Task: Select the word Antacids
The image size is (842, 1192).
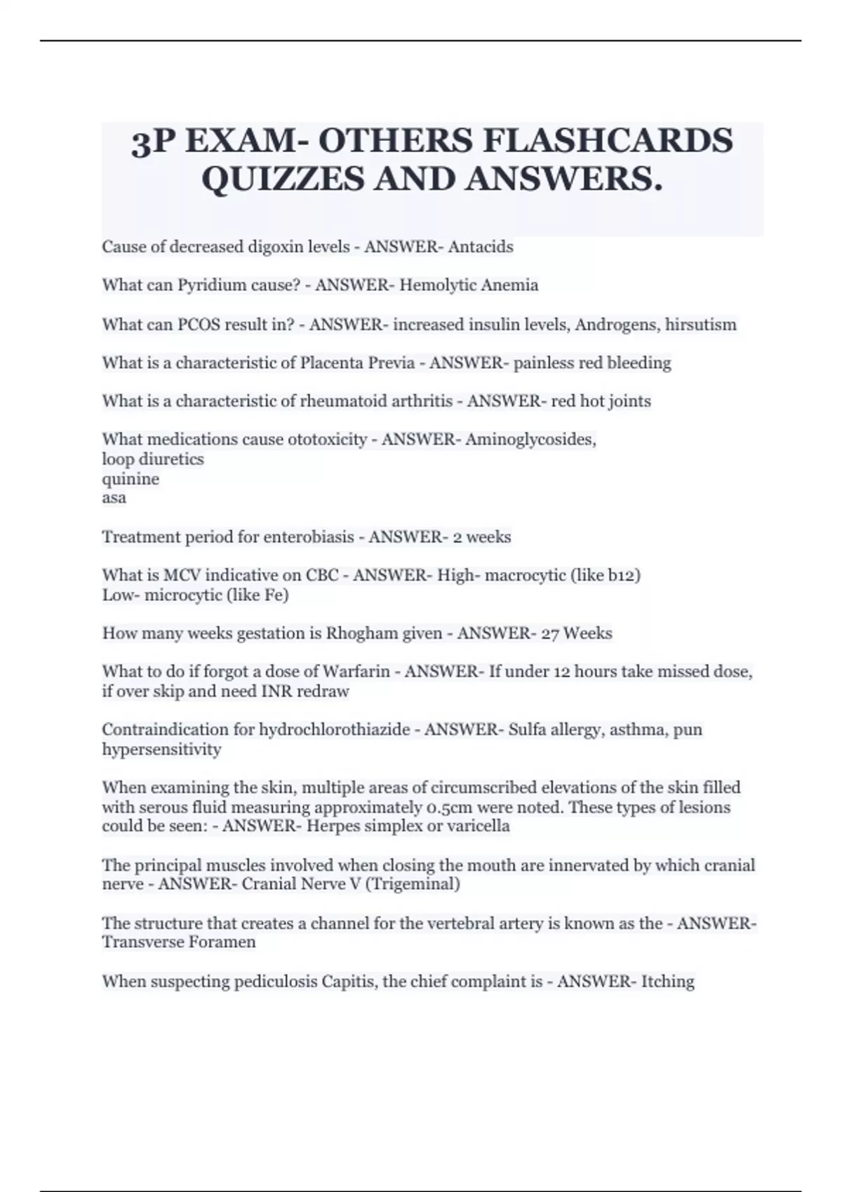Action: click(x=481, y=247)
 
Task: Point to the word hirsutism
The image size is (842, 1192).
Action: click(x=700, y=325)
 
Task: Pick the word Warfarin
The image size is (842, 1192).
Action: click(x=354, y=672)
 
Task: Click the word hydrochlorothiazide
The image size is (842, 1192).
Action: click(x=334, y=730)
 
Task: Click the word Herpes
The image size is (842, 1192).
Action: click(x=330, y=826)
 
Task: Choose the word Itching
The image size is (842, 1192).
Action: click(x=667, y=981)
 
